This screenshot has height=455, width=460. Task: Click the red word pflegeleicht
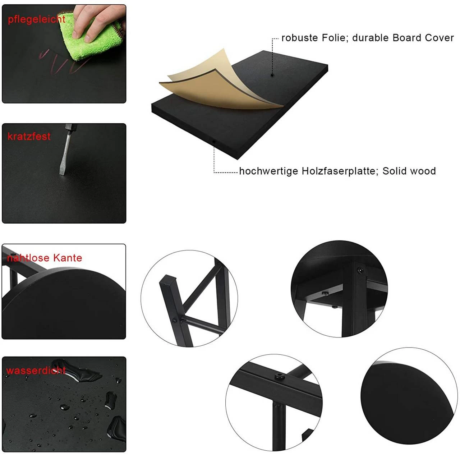tap(37, 19)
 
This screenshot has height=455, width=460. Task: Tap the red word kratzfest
tap(29, 136)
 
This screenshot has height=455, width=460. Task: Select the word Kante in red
tap(68, 258)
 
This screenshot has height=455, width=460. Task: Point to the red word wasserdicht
tap(36, 371)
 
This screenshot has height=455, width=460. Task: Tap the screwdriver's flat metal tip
tap(63, 171)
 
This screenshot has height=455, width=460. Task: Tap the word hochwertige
tap(269, 171)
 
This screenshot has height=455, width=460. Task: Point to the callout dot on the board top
tap(272, 75)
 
